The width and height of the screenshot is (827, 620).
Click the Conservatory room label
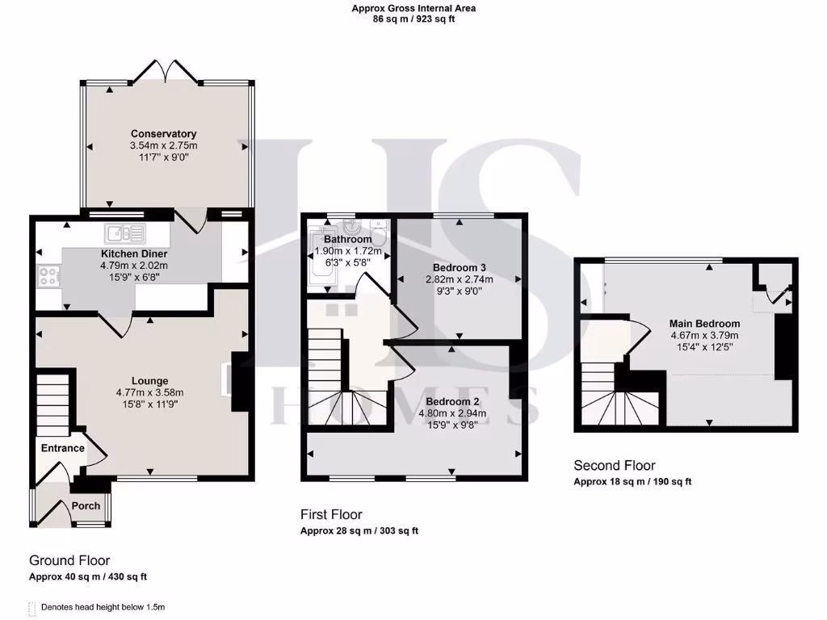click(x=164, y=134)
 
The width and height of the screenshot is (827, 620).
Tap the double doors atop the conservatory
click(x=166, y=73)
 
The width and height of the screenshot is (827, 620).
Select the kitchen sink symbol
click(x=125, y=234)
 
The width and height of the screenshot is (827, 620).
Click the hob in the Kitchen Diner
click(x=46, y=276)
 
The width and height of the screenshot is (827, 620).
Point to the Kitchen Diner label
click(x=133, y=253)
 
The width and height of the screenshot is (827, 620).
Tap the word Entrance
click(x=62, y=448)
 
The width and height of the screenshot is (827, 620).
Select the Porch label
click(x=86, y=506)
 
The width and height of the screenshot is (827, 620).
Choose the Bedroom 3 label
click(x=460, y=267)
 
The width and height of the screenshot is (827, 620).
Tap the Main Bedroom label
click(x=704, y=324)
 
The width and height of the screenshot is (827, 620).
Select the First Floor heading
click(x=331, y=514)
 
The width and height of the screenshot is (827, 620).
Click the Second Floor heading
click(x=614, y=465)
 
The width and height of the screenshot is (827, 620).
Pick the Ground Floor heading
click(x=69, y=560)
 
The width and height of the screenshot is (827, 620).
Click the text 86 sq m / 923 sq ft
click(x=413, y=19)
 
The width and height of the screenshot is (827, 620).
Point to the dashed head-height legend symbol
click(x=32, y=607)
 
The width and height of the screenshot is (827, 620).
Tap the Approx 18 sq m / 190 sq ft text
click(x=632, y=482)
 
